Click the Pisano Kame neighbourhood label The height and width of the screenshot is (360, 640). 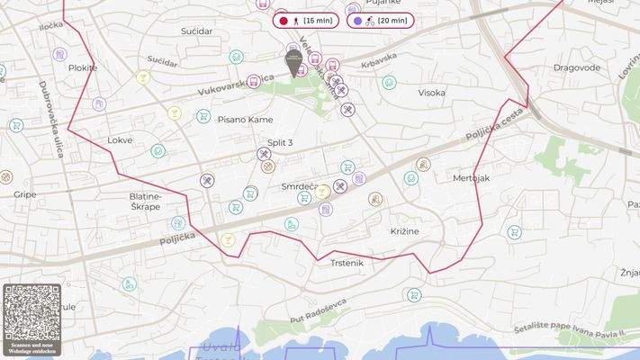(x=245, y=120)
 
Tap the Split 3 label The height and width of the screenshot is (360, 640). (x=280, y=142)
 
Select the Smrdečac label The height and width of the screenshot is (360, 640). (x=301, y=186)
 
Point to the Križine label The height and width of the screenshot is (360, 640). (x=404, y=231)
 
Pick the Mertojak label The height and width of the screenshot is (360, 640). (x=471, y=178)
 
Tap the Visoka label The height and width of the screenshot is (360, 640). (x=431, y=93)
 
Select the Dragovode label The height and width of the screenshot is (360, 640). (x=576, y=67)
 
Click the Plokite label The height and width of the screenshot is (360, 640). (x=82, y=67)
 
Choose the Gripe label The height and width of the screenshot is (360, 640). (x=24, y=193)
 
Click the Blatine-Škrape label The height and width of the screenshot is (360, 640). (x=145, y=201)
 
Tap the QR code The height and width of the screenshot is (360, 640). (x=32, y=312)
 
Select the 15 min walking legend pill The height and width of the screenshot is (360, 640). (x=306, y=20)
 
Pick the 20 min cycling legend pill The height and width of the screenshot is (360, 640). (x=380, y=20)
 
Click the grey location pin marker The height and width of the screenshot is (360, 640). (x=293, y=61)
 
